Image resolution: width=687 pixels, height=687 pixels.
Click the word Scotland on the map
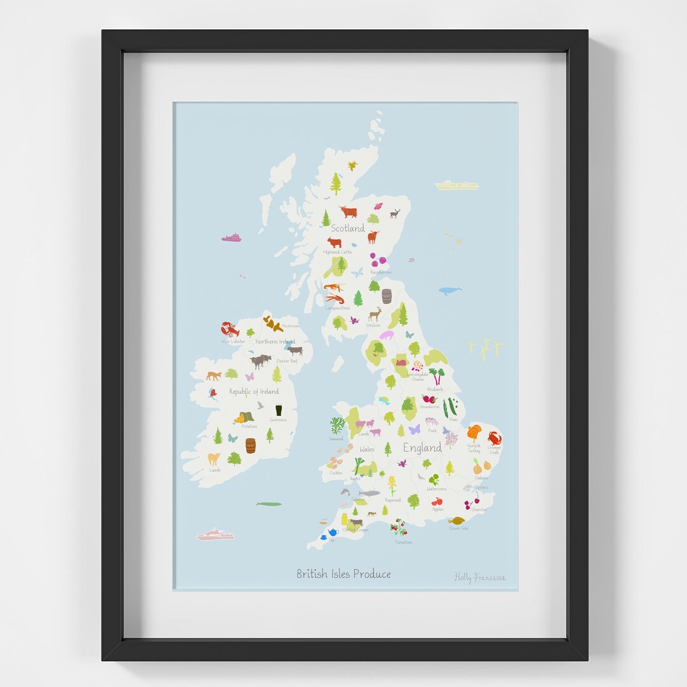point(348,228)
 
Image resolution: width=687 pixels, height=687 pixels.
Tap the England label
point(422,447)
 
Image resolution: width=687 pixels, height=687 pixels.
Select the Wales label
point(367,449)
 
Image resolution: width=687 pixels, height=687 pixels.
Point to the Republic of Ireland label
point(254,391)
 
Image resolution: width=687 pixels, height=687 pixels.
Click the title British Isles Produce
point(343,574)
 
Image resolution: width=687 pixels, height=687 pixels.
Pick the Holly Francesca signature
point(480,578)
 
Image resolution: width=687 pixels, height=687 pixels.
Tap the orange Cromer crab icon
point(494,438)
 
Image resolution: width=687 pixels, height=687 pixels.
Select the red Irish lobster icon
point(230,330)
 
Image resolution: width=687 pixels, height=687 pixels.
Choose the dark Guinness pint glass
point(279,410)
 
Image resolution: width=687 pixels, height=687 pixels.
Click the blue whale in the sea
point(450,291)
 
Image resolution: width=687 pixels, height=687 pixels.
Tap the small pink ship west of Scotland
point(232,238)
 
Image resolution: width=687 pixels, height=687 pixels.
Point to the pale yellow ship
point(456,185)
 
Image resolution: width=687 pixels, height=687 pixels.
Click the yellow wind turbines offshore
point(485,347)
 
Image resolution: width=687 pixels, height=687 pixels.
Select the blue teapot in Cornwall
point(333,532)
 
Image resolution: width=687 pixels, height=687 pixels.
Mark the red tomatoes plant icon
point(399,527)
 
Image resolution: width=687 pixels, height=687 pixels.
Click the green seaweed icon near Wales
point(337,425)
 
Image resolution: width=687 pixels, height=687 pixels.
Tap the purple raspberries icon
point(378,260)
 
